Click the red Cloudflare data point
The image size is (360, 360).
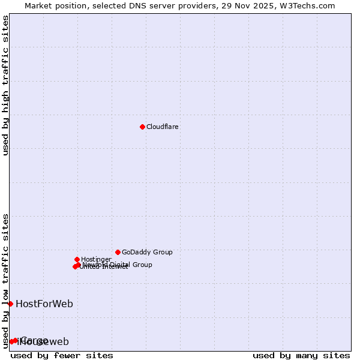click(x=142, y=127)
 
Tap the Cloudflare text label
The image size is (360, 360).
click(x=163, y=127)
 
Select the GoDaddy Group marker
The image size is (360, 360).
click(x=118, y=252)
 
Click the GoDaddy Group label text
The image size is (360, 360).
click(x=147, y=253)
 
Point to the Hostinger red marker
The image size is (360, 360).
click(x=77, y=259)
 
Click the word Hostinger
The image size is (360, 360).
click(x=96, y=260)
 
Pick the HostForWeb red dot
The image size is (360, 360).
click(x=10, y=304)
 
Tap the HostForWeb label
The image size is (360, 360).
click(x=44, y=304)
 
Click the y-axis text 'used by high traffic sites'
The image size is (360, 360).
click(x=6, y=85)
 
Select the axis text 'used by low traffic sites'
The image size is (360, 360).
click(x=6, y=280)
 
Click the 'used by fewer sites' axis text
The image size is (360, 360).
click(x=62, y=355)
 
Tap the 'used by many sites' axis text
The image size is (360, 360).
click(x=301, y=355)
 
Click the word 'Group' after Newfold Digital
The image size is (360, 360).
click(x=142, y=265)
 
